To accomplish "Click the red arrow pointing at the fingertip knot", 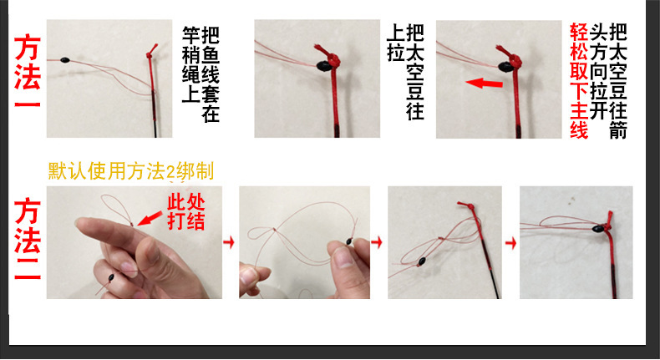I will [x=147, y=219].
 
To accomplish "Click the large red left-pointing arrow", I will [x=485, y=84].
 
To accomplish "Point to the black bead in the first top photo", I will [x=64, y=61].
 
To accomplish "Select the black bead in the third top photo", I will [x=505, y=66].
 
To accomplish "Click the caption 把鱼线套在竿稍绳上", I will [x=201, y=75].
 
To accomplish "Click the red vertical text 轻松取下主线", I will [x=578, y=81].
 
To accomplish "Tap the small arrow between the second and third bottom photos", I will [x=378, y=242].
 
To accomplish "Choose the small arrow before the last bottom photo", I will [x=510, y=242].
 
